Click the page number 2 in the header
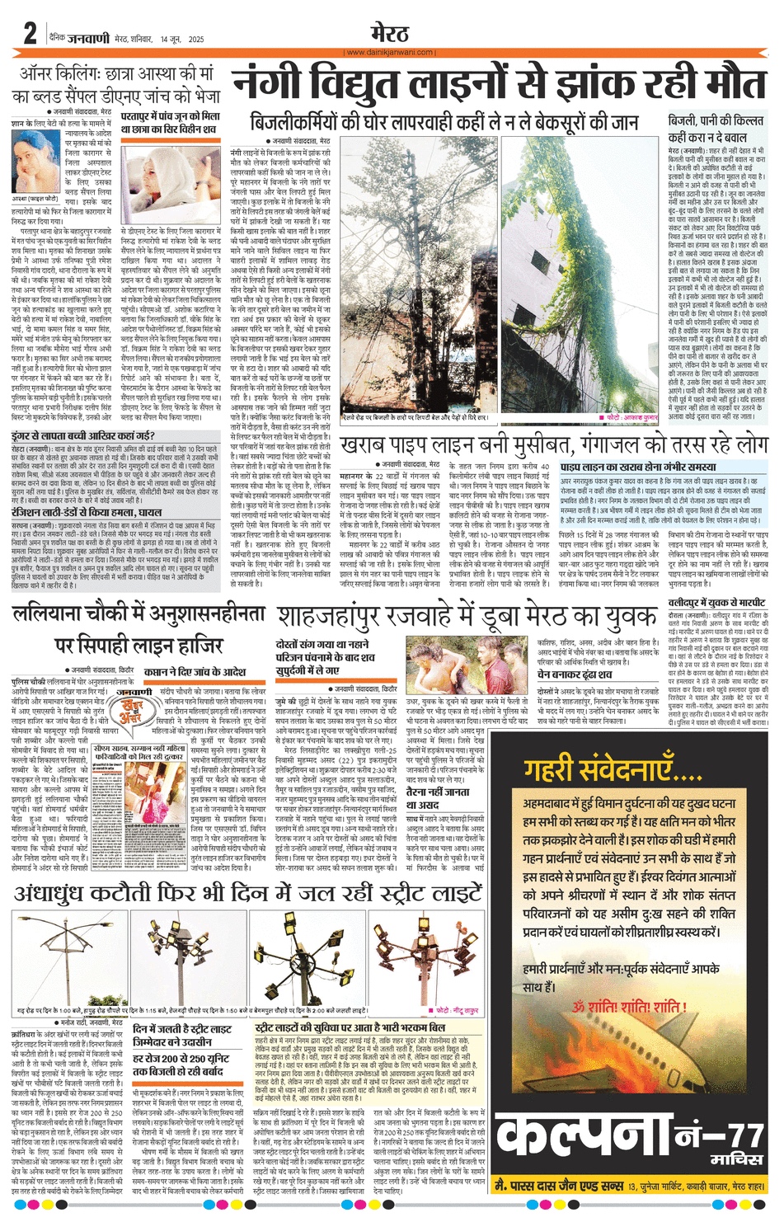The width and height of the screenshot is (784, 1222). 30,34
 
